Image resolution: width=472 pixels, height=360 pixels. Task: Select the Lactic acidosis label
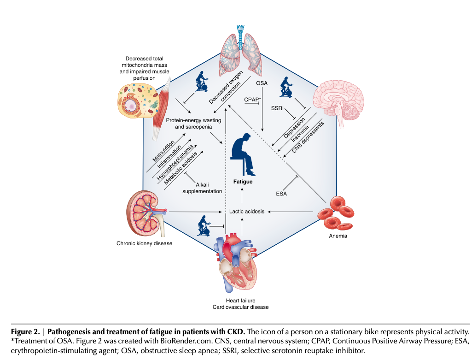247,212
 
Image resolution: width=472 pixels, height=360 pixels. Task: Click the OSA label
262,83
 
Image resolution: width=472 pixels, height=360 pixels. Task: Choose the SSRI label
277,109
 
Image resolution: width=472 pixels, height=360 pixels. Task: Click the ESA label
281,194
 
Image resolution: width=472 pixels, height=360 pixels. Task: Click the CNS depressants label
308,138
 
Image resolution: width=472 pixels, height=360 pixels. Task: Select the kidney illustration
145,212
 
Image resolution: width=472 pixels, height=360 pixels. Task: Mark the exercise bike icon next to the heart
206,225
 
